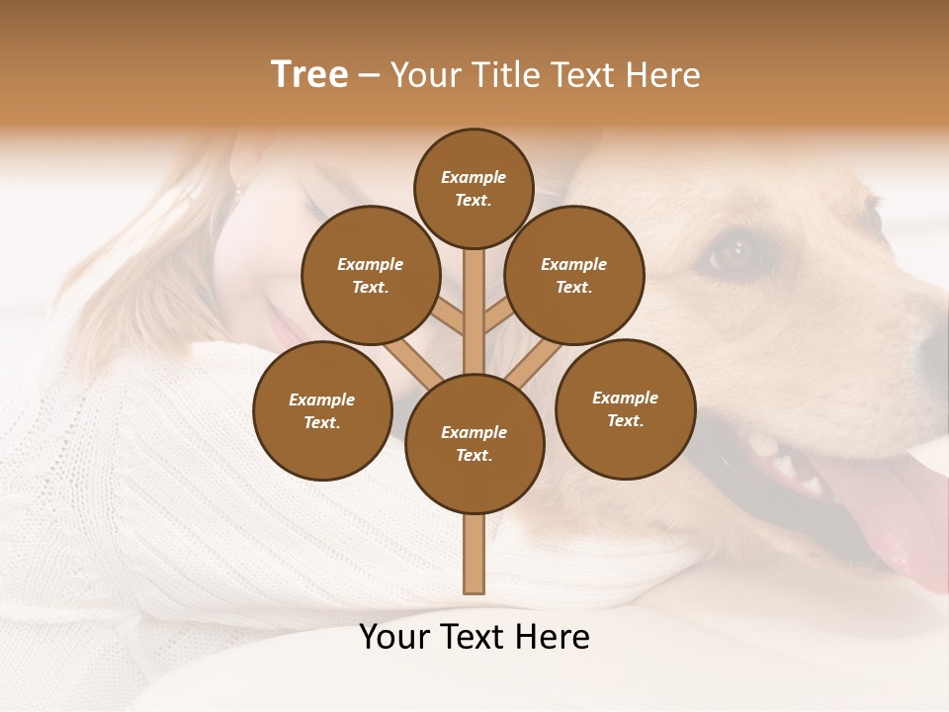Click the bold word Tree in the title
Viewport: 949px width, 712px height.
coord(309,74)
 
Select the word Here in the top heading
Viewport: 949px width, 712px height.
coord(664,74)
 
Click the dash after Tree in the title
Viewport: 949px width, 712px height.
coord(370,76)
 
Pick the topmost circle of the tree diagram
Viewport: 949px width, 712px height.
coord(474,188)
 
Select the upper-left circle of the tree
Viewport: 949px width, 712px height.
coord(370,275)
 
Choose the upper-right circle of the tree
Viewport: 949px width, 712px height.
coord(573,275)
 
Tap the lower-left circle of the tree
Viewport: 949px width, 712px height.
coord(322,410)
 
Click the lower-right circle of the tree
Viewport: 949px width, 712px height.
coord(625,408)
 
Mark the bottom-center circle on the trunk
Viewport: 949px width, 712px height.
coord(474,443)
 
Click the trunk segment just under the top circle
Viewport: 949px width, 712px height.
coord(474,297)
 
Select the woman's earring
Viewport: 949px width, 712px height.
coord(237,188)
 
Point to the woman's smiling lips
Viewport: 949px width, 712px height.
coord(280,321)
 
